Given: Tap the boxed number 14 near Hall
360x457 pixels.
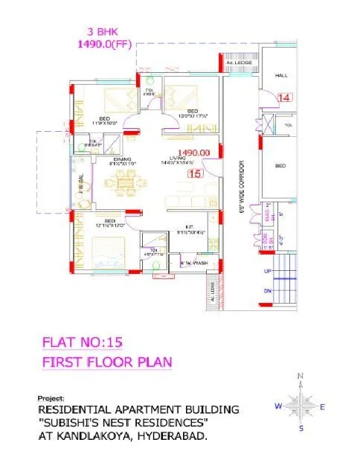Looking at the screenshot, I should [x=284, y=98].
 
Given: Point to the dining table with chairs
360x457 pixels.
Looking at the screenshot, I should [x=123, y=182].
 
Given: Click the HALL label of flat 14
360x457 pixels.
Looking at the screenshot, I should [x=282, y=76].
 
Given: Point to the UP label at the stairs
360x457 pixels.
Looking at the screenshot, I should [x=267, y=271].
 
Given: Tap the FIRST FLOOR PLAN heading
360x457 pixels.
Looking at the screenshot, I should [x=107, y=362].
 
